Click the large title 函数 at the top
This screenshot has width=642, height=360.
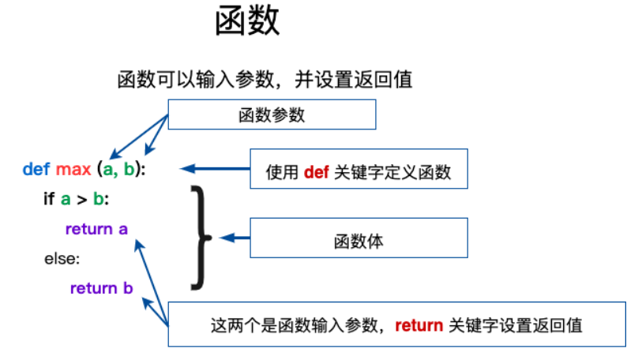coord(247,21)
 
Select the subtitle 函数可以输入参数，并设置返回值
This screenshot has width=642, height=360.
coord(265,80)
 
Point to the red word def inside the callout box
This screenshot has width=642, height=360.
coord(316,172)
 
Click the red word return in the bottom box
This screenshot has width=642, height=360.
coord(419,325)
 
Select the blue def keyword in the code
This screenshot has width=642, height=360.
coord(36,169)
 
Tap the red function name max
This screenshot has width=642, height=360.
coord(73,170)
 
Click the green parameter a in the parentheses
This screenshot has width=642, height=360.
coord(107,170)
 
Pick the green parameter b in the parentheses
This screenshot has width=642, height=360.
coord(129,169)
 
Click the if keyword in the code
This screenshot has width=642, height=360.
coord(49,199)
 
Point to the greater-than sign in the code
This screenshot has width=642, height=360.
coord(82,200)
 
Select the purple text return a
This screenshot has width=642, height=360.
coord(96,229)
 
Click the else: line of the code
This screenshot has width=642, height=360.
coord(62,259)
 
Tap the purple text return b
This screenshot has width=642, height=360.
coord(102,288)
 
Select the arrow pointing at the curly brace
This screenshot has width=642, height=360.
coord(235,238)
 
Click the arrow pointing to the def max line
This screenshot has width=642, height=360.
coord(215,168)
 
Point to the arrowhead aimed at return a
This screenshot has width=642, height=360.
coord(140,245)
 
